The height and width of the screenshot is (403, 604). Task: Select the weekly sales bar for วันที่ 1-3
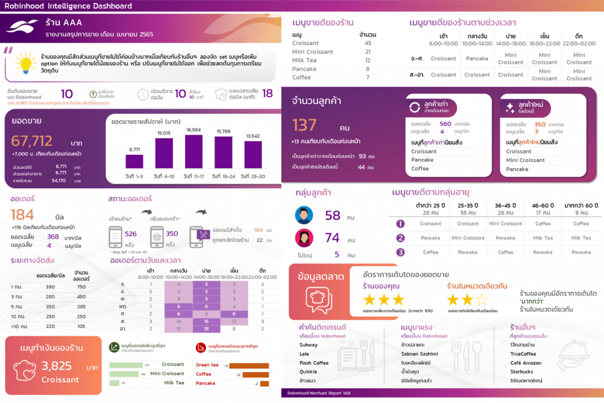(x=134, y=161)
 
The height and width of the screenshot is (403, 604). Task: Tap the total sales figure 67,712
(x=32, y=141)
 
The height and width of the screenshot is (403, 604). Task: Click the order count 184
(x=22, y=214)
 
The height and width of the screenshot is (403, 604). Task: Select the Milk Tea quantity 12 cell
(x=367, y=60)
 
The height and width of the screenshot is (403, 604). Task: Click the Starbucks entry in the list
(x=522, y=372)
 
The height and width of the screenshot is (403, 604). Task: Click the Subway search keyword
(x=308, y=345)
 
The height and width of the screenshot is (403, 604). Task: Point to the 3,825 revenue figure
(x=61, y=366)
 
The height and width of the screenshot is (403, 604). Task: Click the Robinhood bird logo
(x=24, y=27)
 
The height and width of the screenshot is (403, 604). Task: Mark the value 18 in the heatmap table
(x=206, y=328)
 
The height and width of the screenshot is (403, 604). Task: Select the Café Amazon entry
(x=527, y=363)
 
